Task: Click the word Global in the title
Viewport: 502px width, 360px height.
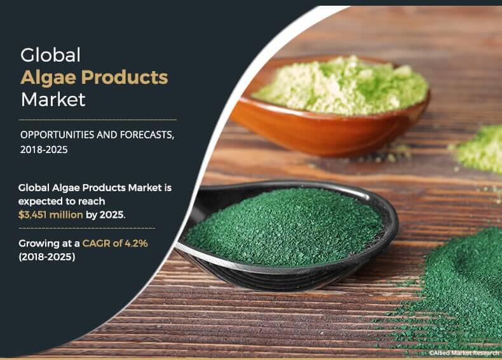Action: click(51, 55)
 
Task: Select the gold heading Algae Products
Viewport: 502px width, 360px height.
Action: click(94, 77)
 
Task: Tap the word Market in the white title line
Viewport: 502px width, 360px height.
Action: click(53, 99)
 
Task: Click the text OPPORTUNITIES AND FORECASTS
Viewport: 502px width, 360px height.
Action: click(97, 135)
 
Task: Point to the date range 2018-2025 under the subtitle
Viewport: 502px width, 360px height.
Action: click(44, 150)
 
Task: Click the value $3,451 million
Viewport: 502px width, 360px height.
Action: click(51, 215)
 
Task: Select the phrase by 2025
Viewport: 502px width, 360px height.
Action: click(105, 215)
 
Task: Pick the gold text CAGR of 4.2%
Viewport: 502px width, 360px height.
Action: click(115, 244)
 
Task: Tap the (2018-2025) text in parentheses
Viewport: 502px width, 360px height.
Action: click(47, 257)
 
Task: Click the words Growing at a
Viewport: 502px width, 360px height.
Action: click(49, 244)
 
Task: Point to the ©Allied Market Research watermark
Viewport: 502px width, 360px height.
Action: click(465, 353)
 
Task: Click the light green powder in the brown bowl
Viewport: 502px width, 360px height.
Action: click(341, 86)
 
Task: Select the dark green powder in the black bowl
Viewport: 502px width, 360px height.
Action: click(285, 225)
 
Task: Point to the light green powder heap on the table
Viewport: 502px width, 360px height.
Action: click(480, 149)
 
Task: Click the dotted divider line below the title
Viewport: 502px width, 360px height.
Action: click(98, 119)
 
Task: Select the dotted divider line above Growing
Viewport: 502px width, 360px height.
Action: click(87, 228)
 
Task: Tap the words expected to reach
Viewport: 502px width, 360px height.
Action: click(62, 202)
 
